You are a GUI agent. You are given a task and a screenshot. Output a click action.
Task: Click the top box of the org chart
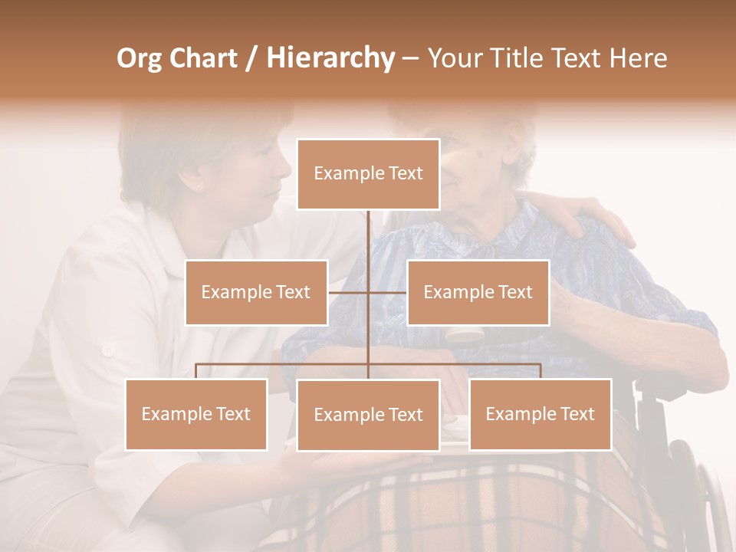click(368, 174)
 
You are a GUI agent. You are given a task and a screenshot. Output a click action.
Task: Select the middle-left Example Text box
click(256, 292)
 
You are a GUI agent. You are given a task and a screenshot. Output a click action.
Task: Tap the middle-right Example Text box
click(478, 292)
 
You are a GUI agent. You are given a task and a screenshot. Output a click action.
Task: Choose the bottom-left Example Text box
click(196, 414)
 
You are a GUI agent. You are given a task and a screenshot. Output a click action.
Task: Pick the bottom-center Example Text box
click(368, 415)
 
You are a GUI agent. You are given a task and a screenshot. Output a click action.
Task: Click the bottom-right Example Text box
click(540, 414)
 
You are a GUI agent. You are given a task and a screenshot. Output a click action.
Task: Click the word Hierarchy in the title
click(330, 58)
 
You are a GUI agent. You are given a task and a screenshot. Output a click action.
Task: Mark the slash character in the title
click(251, 58)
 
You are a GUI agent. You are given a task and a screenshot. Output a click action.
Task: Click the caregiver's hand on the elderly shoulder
click(594, 222)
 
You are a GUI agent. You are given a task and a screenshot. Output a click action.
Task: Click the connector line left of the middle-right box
click(388, 292)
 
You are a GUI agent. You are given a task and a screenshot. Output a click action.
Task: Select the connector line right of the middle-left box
click(348, 292)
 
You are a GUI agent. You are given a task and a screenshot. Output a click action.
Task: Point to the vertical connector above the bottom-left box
click(196, 371)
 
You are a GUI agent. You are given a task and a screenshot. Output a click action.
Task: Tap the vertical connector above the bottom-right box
click(540, 371)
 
